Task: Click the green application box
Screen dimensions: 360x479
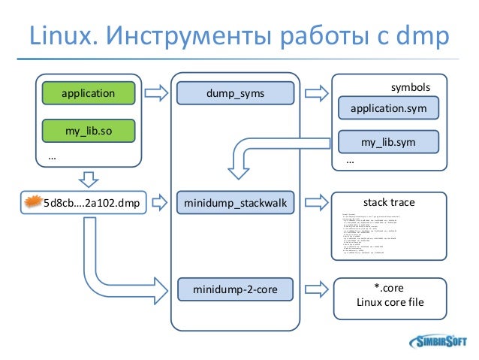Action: tap(89, 94)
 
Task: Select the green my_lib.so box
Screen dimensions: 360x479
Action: tap(89, 130)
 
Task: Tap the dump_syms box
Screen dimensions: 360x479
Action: tap(235, 94)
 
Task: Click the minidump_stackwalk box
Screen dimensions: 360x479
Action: tap(235, 202)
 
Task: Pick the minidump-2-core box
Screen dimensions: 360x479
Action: tap(235, 288)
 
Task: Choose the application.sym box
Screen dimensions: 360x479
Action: tap(388, 108)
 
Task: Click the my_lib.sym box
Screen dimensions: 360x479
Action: tap(388, 141)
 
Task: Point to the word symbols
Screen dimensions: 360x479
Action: tap(410, 88)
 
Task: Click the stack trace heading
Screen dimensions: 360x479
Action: tap(388, 202)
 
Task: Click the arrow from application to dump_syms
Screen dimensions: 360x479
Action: tap(156, 94)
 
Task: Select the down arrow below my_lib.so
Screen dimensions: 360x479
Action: tap(89, 179)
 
